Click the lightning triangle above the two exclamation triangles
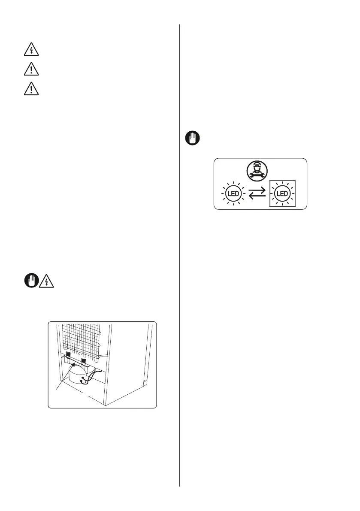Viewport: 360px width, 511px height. (x=31, y=51)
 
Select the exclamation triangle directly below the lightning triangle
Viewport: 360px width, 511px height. (x=31, y=70)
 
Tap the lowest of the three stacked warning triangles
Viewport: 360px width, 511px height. (x=31, y=89)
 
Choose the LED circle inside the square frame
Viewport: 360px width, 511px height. (x=283, y=194)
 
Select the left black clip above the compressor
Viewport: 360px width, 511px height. (x=68, y=355)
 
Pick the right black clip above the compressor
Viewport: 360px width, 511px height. (x=84, y=357)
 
